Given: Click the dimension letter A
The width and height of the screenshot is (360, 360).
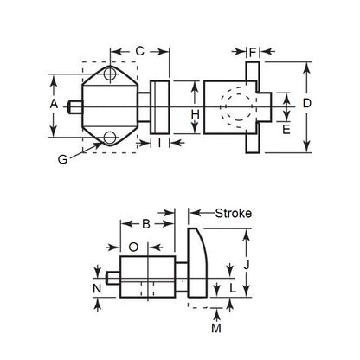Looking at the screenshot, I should click(53, 104).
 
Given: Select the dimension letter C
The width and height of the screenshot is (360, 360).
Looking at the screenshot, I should click(139, 51).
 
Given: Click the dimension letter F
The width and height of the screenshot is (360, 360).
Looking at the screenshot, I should click(253, 53).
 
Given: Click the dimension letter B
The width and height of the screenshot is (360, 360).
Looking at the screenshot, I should click(145, 225).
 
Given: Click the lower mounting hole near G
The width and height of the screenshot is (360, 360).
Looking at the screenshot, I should click(109, 136).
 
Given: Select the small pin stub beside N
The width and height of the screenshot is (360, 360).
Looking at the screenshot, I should click(112, 282).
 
